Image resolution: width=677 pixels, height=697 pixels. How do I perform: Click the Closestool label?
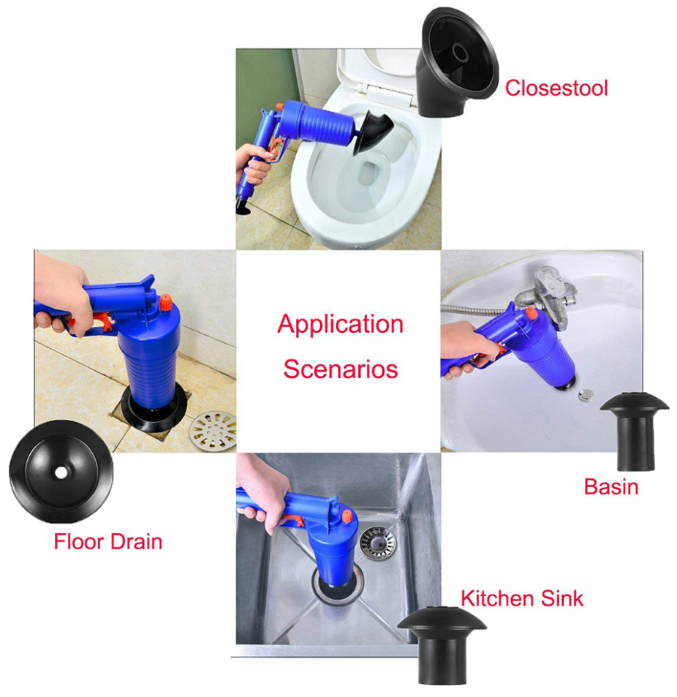point(556,88)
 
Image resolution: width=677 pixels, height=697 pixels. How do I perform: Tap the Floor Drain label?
point(107,542)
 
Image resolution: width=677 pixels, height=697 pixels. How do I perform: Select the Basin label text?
point(610,486)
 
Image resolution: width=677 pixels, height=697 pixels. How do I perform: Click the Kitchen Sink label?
point(521,598)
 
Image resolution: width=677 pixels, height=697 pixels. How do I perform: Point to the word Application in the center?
point(340,324)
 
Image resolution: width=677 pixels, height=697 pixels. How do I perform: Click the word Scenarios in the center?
point(340,369)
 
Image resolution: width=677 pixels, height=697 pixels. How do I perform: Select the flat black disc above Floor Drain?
point(61,472)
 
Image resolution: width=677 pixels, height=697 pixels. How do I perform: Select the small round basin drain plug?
point(586,396)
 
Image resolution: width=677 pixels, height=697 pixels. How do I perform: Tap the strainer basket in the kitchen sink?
point(378,542)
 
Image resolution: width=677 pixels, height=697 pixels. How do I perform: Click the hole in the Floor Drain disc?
point(60,472)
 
